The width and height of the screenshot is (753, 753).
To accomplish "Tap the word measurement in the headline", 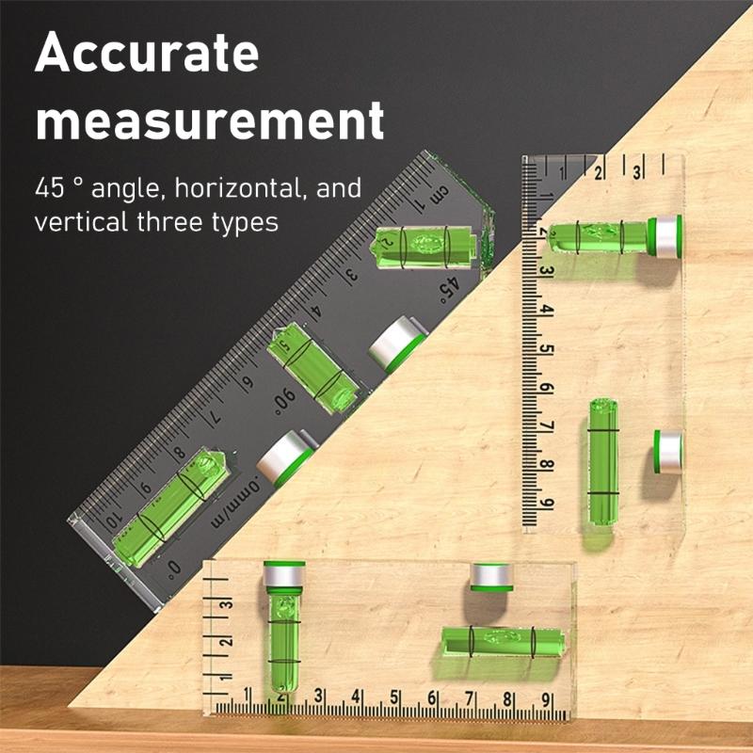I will coord(210,122).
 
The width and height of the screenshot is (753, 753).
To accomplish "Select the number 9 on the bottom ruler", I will coord(545,699).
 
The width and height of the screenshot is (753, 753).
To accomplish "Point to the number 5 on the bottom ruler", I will coord(394,699).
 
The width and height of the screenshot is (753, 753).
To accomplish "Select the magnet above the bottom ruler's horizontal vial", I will coord(490,576).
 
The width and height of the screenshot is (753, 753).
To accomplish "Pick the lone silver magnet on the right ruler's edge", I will coord(668,451).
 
